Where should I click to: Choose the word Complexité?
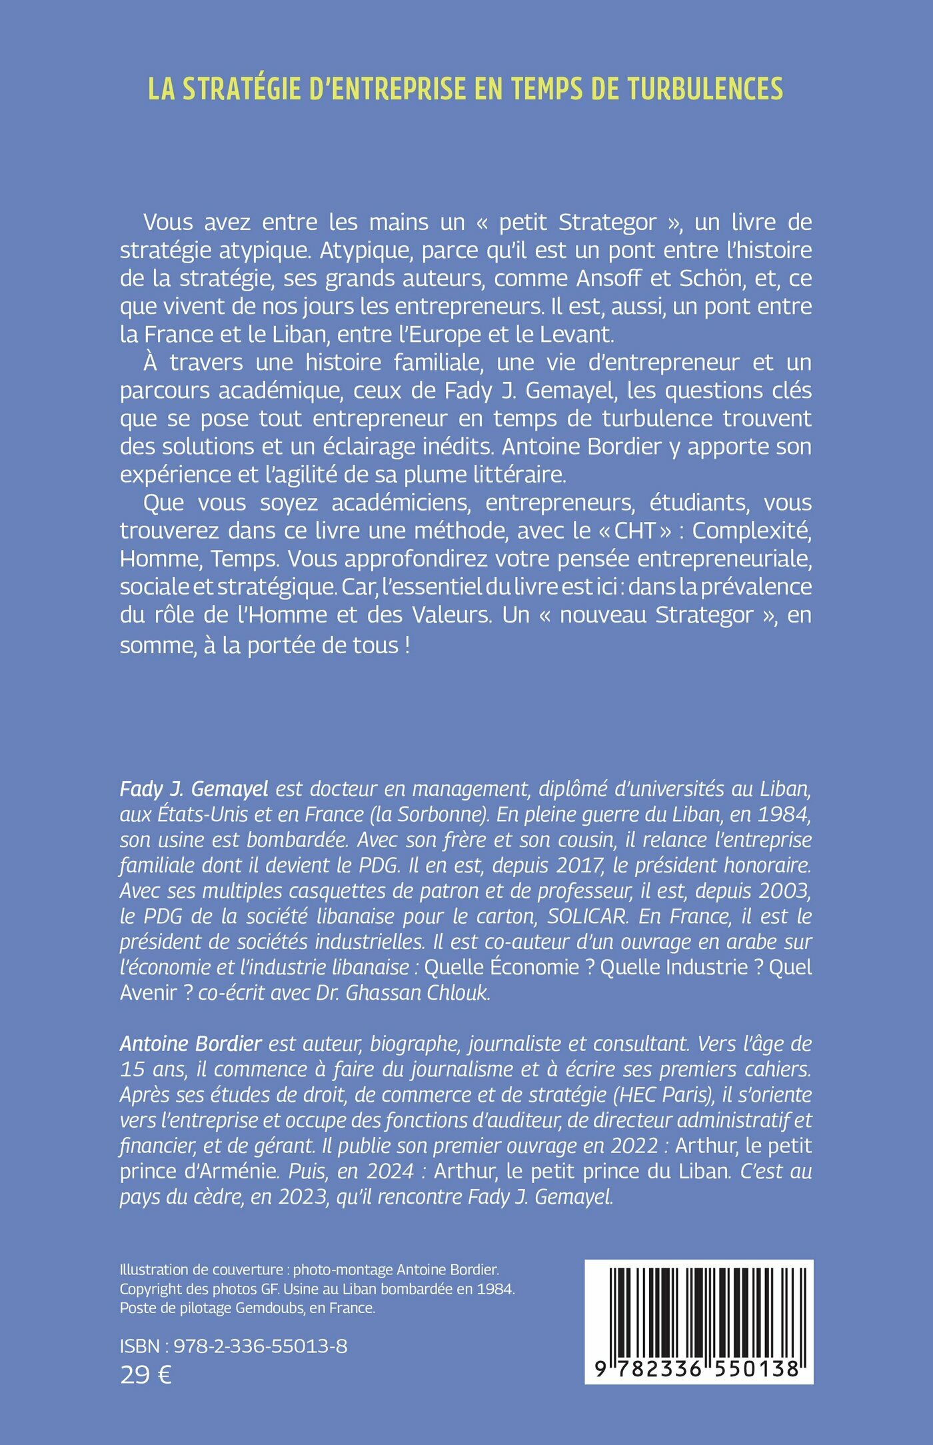[752, 531]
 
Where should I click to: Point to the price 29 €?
[145, 1374]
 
